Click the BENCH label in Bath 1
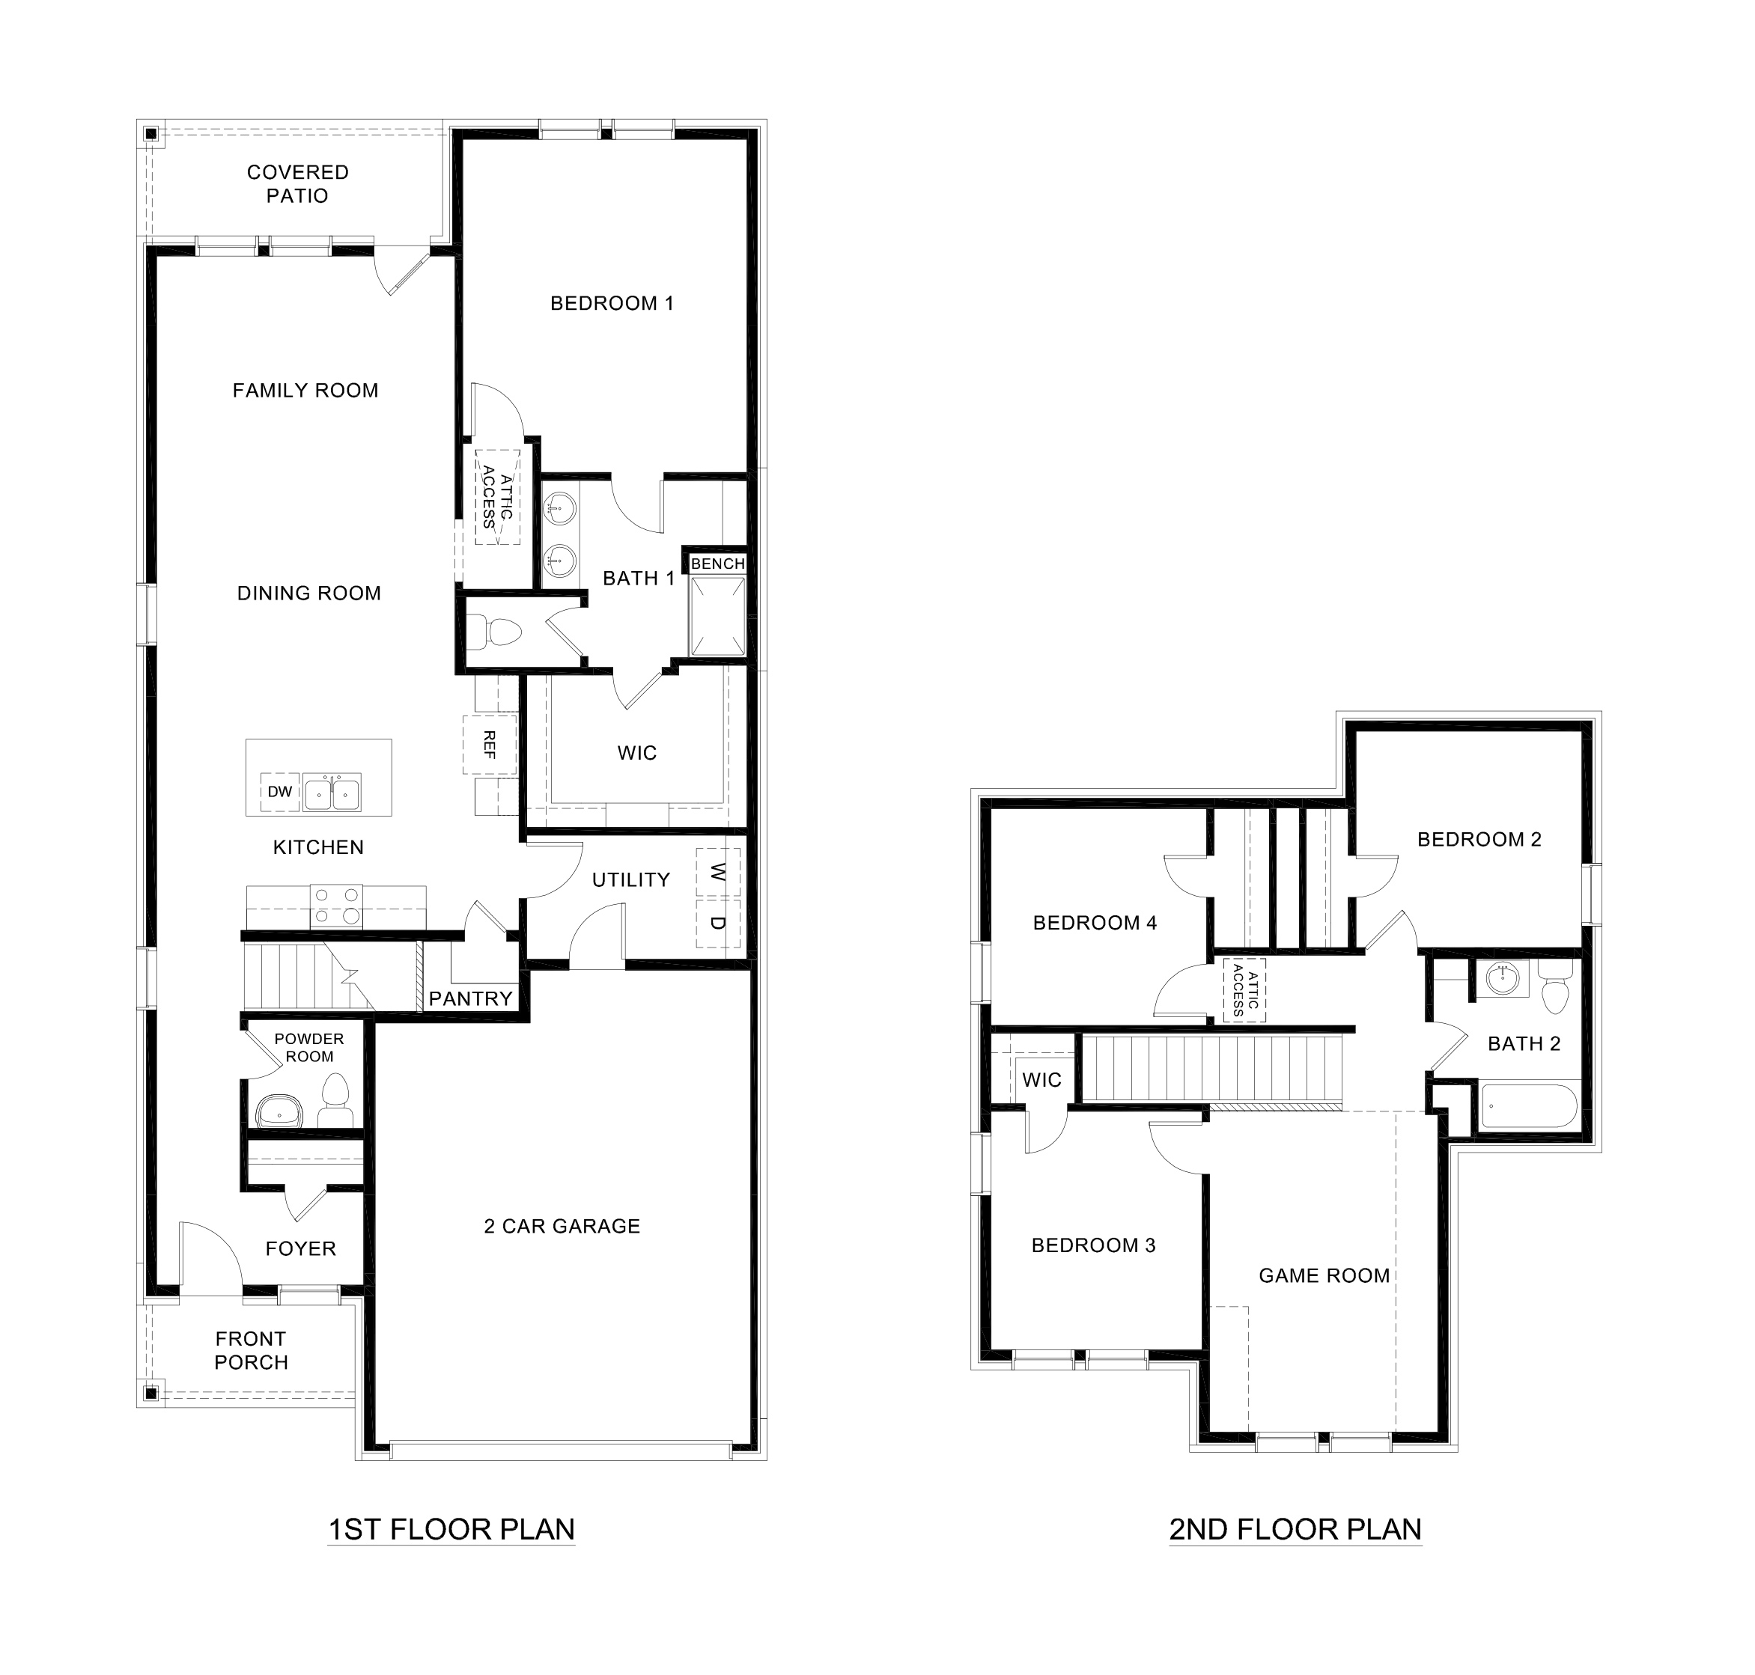point(717,564)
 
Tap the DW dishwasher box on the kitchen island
point(279,792)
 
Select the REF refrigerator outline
point(490,744)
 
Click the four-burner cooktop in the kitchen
point(336,906)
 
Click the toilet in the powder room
point(335,1101)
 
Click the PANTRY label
point(471,998)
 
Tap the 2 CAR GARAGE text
point(562,1226)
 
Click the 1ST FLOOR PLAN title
point(451,1530)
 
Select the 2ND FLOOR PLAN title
point(1295,1530)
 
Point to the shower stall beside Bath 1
point(717,616)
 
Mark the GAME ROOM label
point(1324,1276)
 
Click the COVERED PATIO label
point(297,184)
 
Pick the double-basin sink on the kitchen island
point(332,792)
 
